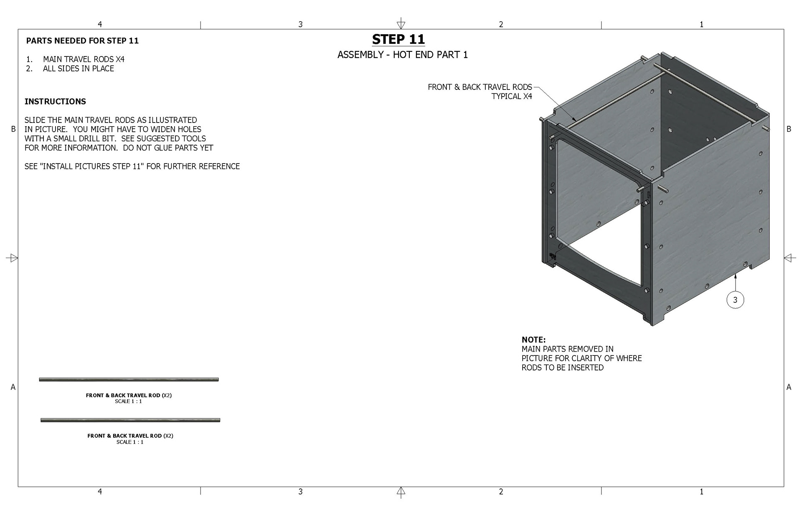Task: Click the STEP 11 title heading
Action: pos(398,39)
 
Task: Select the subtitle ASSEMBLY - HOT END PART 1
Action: pos(403,55)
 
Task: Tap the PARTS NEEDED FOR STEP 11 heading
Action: pos(82,41)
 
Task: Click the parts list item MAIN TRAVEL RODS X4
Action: pos(84,59)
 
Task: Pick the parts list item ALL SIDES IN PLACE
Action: pos(79,69)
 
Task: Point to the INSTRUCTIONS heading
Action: pos(55,102)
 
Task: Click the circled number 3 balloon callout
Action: pos(735,299)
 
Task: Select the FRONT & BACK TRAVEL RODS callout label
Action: pos(480,87)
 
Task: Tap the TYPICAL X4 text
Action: pos(512,96)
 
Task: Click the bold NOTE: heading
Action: pos(534,340)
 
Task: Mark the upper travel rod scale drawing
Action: pos(129,380)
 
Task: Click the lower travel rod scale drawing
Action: pos(130,420)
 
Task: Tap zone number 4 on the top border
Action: pos(100,24)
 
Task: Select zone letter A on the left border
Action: pos(13,387)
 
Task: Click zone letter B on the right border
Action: pos(789,129)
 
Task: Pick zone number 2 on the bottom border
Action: pos(501,492)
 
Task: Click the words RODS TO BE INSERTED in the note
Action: pos(563,368)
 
